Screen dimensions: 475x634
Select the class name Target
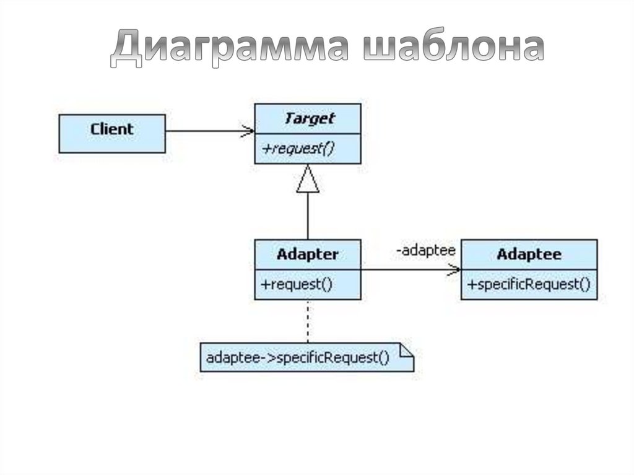[x=308, y=118]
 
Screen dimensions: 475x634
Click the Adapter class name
[x=308, y=255]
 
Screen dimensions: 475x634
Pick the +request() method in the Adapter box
[x=297, y=285]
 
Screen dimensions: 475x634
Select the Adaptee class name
[x=529, y=255]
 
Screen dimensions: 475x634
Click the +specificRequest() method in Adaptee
[x=529, y=285]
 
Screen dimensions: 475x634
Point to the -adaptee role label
[x=426, y=251]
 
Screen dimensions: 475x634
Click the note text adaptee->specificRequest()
[x=297, y=358]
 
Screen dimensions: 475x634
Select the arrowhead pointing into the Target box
[x=248, y=131]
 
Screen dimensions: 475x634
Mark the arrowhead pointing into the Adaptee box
[x=454, y=269]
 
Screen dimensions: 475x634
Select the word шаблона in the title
[x=453, y=49]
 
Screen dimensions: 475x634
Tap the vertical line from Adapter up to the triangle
[x=308, y=217]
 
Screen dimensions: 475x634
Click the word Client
[x=112, y=129]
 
